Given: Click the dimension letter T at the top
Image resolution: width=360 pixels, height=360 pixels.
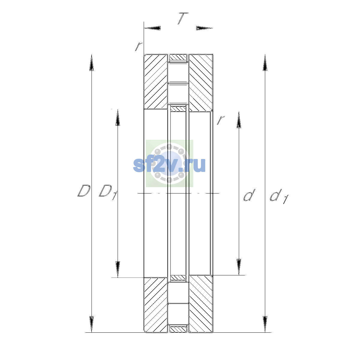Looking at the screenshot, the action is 182,18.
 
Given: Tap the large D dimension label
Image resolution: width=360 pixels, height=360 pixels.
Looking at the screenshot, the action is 84,191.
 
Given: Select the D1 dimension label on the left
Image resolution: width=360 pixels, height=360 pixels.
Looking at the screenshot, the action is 108,192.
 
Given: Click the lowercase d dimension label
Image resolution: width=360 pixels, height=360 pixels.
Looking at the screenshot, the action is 249,195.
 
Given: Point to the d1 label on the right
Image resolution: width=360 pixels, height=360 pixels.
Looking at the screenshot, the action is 279,196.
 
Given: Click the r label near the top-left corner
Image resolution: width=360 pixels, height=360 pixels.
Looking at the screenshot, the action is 139,46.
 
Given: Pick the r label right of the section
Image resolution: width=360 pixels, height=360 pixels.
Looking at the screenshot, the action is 220,120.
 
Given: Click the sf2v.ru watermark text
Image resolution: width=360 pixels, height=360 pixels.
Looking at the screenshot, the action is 169,165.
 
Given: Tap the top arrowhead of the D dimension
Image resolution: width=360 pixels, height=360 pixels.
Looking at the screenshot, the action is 91,63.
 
